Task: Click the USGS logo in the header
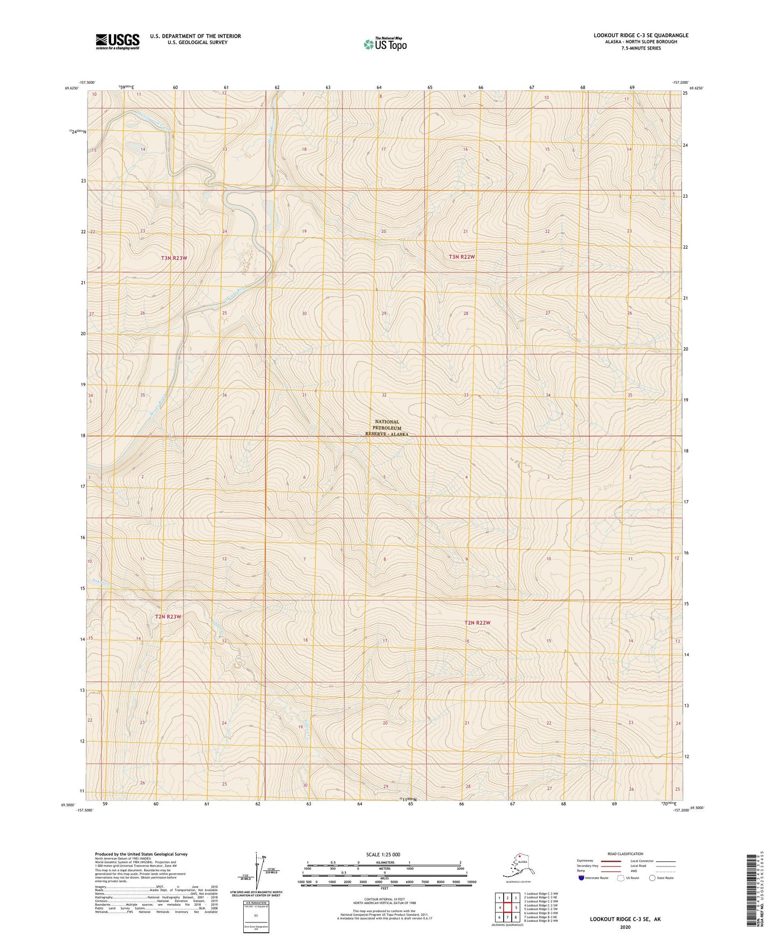[117, 41]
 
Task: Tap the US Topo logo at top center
[385, 44]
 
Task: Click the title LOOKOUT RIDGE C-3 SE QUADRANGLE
[641, 35]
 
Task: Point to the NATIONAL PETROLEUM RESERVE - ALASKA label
[387, 428]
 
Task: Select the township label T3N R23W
[174, 258]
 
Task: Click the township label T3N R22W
[462, 257]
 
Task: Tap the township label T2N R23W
[168, 617]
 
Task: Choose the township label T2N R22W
[477, 623]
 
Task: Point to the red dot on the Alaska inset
[519, 856]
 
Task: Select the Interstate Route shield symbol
[582, 878]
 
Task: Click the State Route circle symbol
[652, 878]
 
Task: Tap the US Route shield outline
[621, 878]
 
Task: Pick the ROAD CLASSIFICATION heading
[625, 854]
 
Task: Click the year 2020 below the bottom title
[625, 927]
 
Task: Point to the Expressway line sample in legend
[610, 861]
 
